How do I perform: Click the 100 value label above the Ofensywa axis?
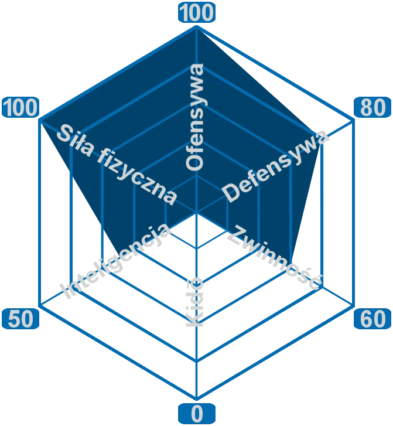197,13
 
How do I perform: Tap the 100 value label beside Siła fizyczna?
20,108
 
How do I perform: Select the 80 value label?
373,108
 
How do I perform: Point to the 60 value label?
373,319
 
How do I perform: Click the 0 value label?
197,414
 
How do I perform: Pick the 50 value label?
20,319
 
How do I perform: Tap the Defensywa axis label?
276,166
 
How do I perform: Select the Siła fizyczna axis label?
117,163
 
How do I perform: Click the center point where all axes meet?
197,213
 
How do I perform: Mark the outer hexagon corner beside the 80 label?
354,122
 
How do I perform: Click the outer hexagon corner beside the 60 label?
354,305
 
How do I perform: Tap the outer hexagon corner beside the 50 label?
39,305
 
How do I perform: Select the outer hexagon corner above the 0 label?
197,396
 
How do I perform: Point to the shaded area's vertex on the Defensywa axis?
323,141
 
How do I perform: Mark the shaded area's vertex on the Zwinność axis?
291,268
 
